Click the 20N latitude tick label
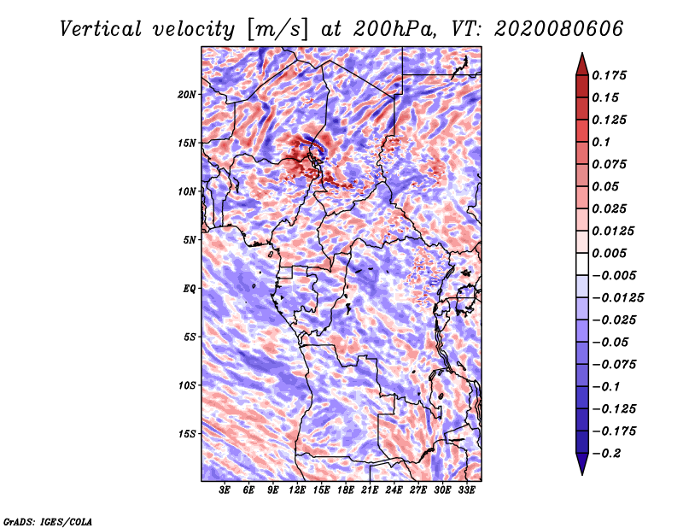click(187, 95)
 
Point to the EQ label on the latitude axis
click(189, 289)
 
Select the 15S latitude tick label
click(187, 434)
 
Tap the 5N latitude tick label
click(190, 240)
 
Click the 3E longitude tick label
click(225, 490)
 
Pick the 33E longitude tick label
click(466, 490)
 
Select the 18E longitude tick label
click(346, 490)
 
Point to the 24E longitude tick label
click(394, 490)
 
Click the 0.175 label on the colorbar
click(609, 76)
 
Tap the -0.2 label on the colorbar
click(606, 454)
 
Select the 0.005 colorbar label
click(609, 253)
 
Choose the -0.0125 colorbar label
click(617, 298)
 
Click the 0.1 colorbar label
click(601, 142)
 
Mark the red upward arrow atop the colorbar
click(582, 64)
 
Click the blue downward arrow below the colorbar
click(582, 464)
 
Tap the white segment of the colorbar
click(582, 264)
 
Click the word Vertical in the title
click(101, 29)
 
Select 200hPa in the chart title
click(394, 29)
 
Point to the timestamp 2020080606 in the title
click(559, 29)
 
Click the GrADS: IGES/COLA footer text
click(48, 522)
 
